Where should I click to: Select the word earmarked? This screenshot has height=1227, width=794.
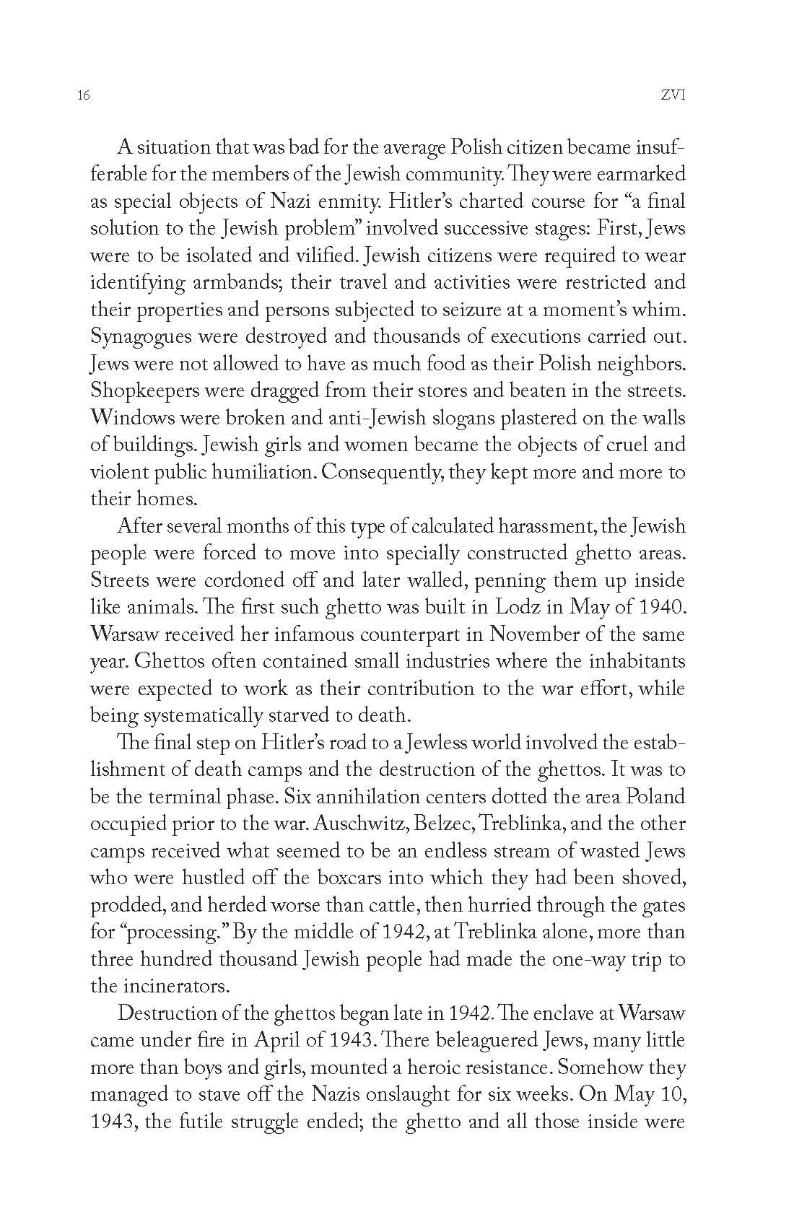tap(637, 174)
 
